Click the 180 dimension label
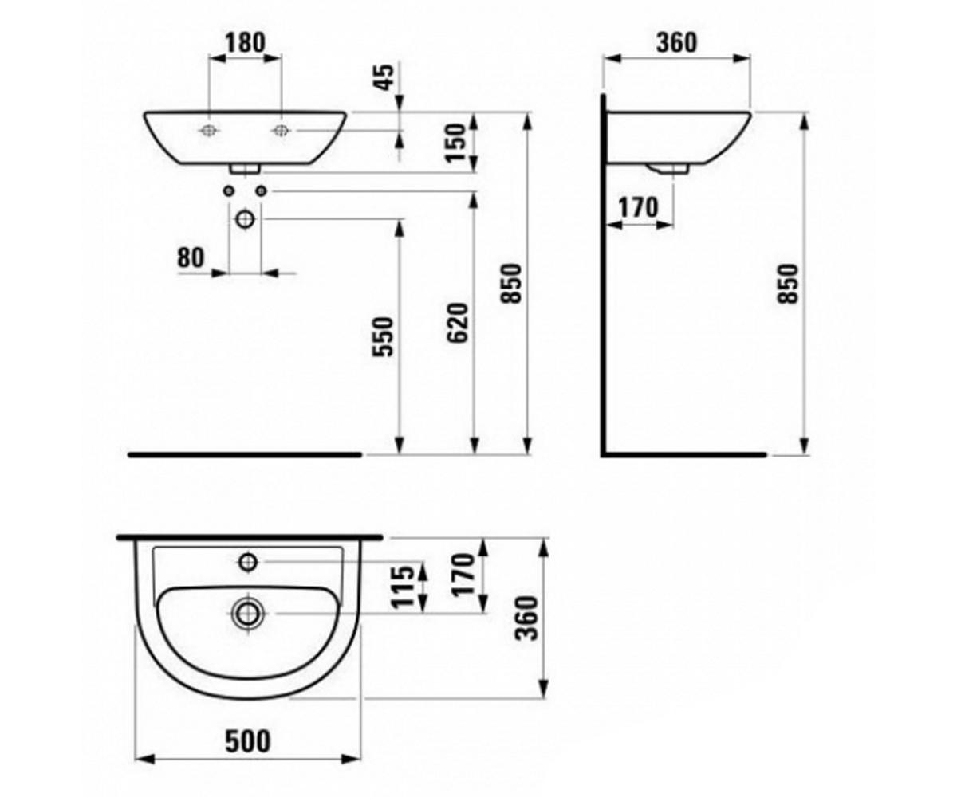tap(245, 42)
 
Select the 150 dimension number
tap(457, 143)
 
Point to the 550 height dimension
tap(383, 336)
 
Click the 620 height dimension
tap(458, 323)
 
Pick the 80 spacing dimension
tap(191, 257)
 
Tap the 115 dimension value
tap(404, 587)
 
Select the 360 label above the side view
tap(676, 42)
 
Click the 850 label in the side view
tap(789, 284)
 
